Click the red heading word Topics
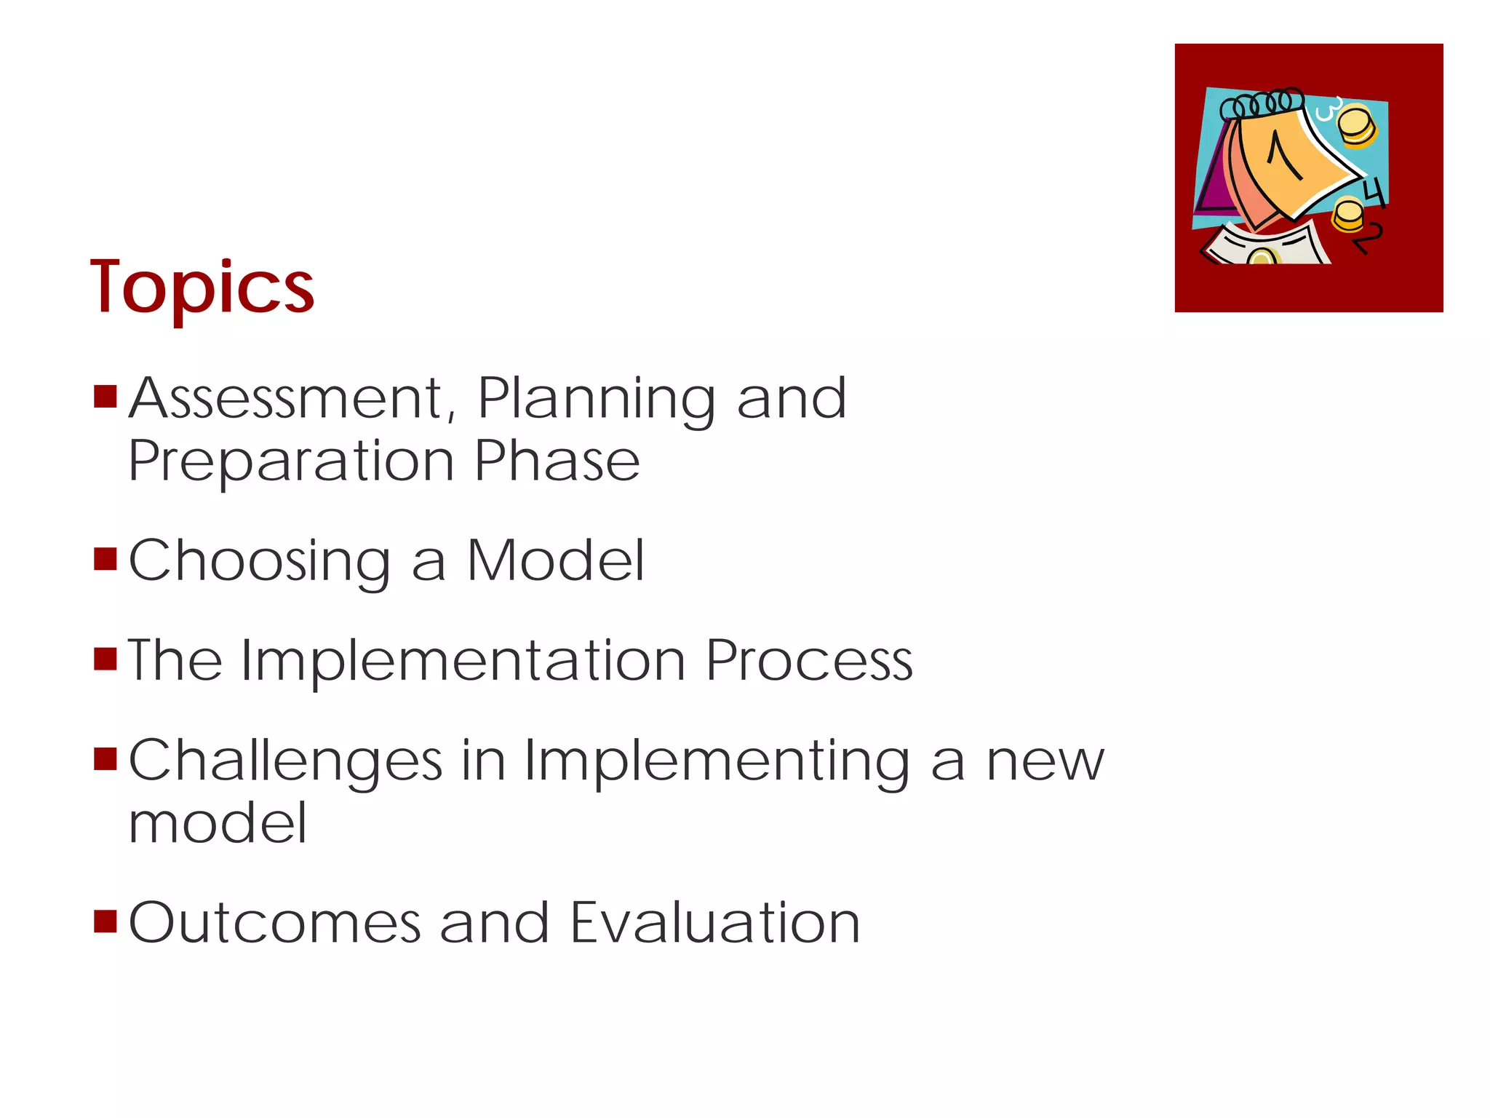[202, 289]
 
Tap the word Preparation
[291, 462]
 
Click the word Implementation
[463, 661]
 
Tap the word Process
[809, 661]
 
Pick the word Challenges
[285, 761]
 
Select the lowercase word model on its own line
[218, 823]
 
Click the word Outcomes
[275, 923]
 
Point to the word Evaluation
[715, 923]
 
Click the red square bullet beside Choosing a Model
[105, 559]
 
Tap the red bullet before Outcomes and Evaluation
[105, 921]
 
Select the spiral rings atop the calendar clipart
[1262, 104]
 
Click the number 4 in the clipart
[1374, 192]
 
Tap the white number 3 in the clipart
[1326, 108]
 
